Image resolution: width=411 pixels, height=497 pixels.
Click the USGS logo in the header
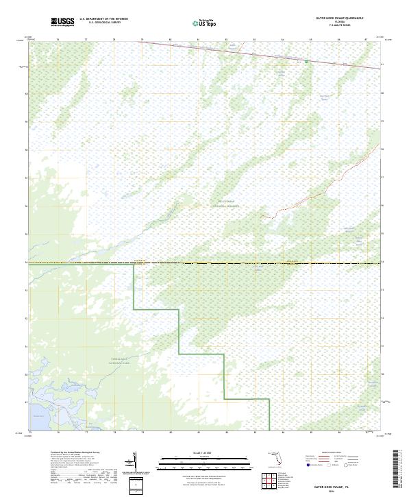pos(63,23)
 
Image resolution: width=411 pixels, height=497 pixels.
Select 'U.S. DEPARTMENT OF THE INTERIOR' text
pos(103,19)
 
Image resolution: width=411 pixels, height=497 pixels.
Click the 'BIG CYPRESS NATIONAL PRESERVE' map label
pos(221,203)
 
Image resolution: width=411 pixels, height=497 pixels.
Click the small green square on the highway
pos(307,61)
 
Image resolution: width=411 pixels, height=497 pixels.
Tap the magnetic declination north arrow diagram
pos(138,462)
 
